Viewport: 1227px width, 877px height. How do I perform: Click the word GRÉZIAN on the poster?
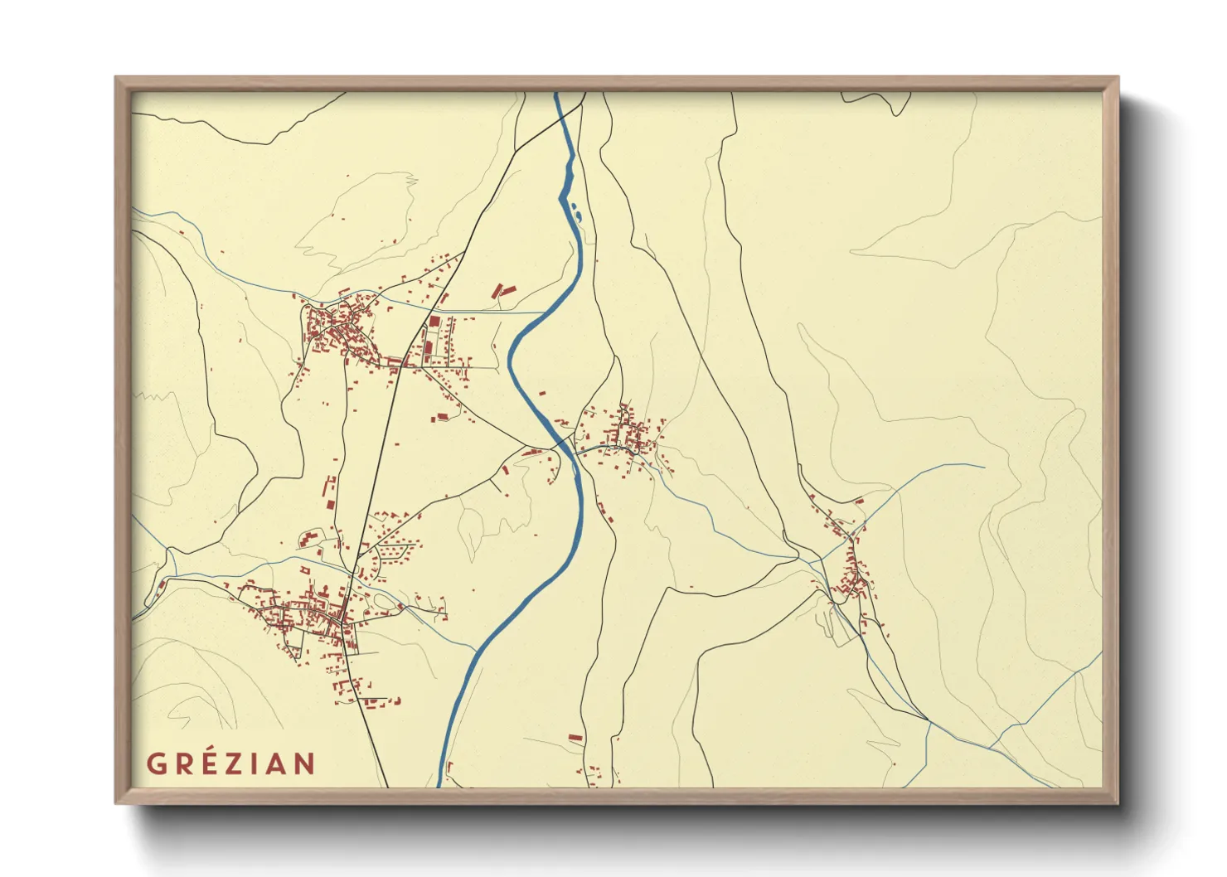pos(231,763)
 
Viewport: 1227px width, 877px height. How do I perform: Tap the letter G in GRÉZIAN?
pos(155,763)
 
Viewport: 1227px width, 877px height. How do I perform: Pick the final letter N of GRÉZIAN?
pos(305,763)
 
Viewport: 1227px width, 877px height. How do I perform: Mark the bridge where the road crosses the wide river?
pos(566,445)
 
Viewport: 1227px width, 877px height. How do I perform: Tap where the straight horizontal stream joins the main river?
pos(543,313)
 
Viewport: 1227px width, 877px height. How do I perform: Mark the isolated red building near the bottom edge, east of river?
pos(575,736)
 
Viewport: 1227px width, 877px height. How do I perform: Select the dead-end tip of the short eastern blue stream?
pos(983,467)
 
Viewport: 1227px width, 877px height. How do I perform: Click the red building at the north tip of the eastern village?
pos(859,501)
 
